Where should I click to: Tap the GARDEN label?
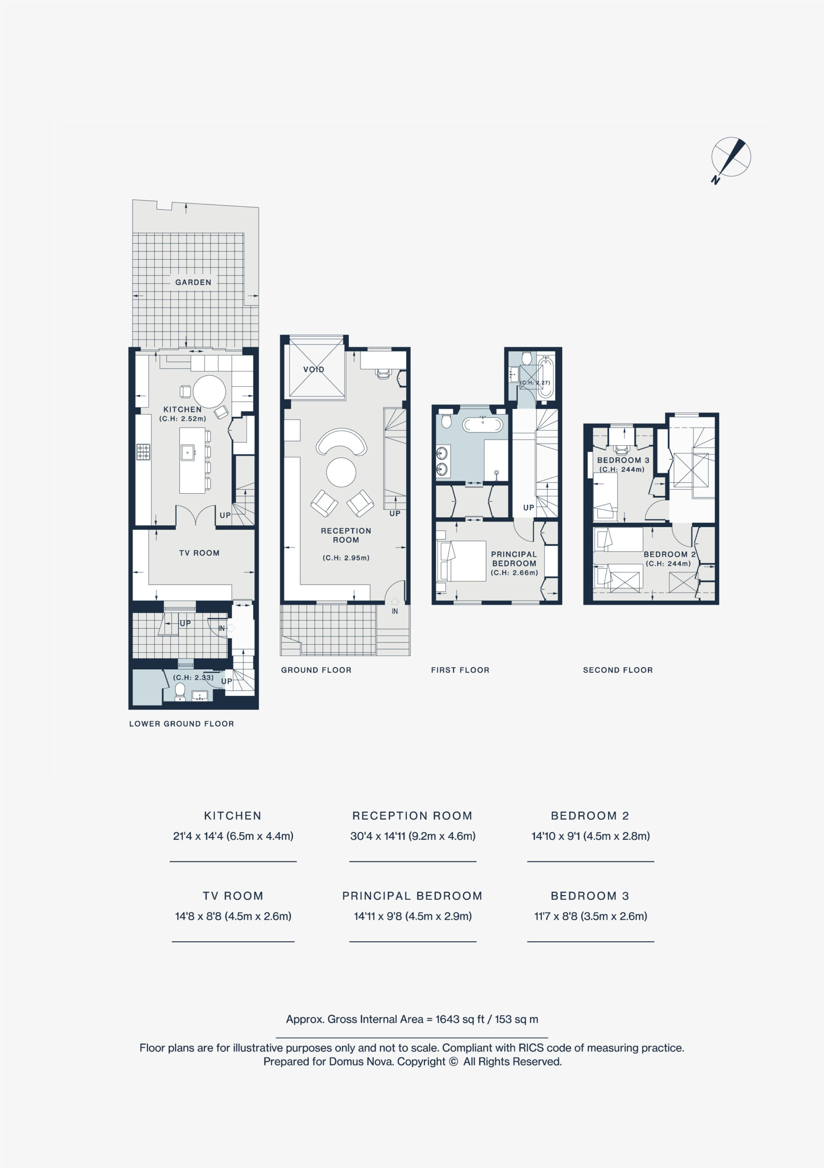[193, 282]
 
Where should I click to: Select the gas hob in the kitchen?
[143, 452]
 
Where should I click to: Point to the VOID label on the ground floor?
[313, 369]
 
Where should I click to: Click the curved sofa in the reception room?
[341, 442]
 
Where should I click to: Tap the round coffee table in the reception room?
[341, 472]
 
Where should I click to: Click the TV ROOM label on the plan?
[199, 553]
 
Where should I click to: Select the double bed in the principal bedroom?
[461, 561]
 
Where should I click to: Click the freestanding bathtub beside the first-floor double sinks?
[483, 424]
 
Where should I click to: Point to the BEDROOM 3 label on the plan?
[623, 460]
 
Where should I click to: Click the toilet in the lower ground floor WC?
[180, 692]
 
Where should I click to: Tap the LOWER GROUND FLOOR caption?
[182, 724]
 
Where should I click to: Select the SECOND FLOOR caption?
[618, 670]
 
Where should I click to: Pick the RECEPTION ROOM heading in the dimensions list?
[412, 816]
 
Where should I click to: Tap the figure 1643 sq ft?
[460, 1019]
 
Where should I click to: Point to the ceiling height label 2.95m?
[346, 558]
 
